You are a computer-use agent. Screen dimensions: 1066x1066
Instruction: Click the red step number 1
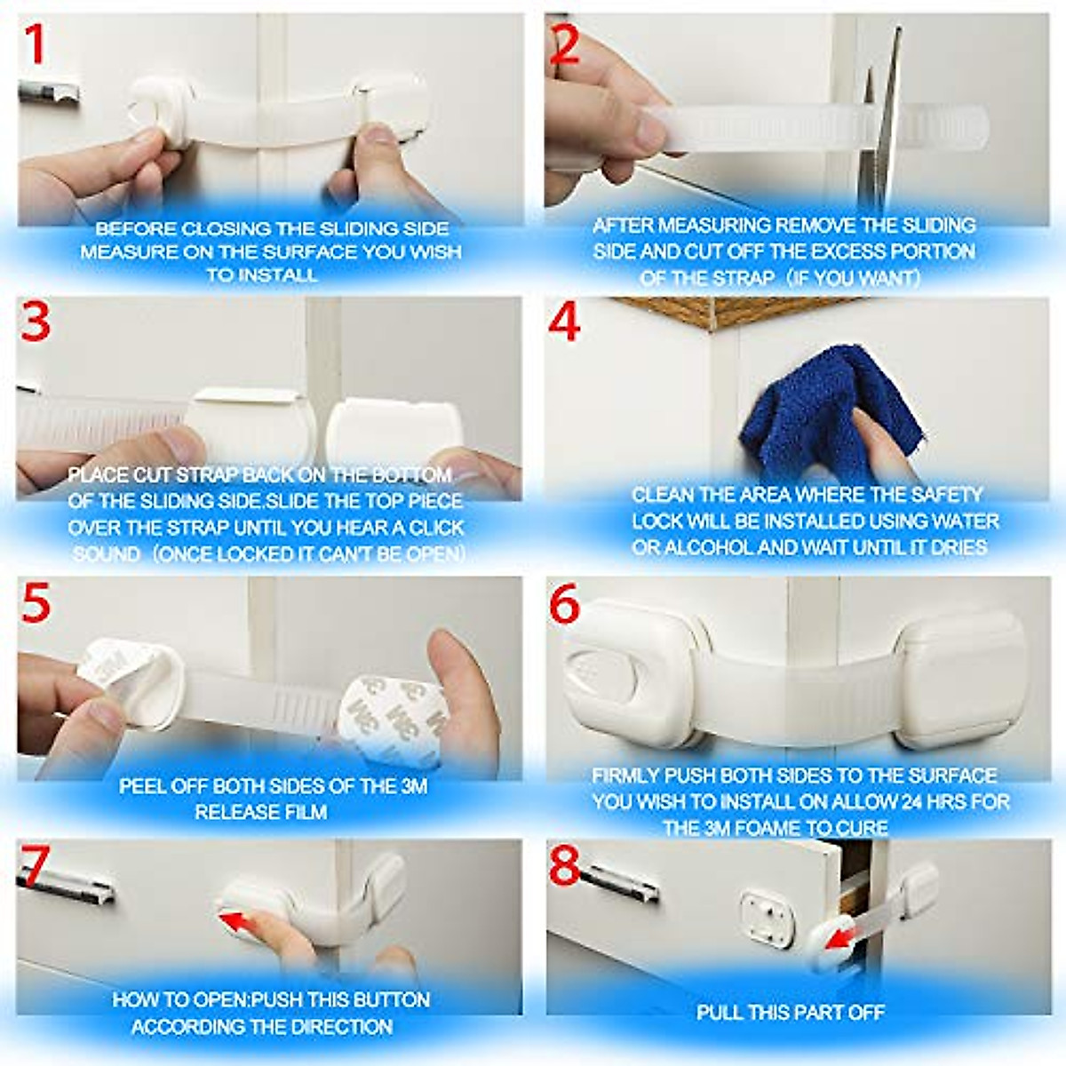point(34,44)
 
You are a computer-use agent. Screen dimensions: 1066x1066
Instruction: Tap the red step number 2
point(565,44)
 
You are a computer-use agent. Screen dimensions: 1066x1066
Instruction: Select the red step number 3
point(36,322)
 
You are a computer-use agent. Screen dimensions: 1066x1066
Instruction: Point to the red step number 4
point(564,322)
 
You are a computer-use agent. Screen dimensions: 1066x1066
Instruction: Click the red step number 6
point(564,605)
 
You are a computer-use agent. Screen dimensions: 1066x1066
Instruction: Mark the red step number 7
point(33,866)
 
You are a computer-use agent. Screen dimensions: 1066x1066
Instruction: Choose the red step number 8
point(564,866)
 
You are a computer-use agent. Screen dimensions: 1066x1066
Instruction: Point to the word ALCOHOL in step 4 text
point(706,547)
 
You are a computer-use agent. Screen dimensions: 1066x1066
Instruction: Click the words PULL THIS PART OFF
point(790,1012)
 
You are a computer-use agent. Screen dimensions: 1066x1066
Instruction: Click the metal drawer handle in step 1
point(48,91)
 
